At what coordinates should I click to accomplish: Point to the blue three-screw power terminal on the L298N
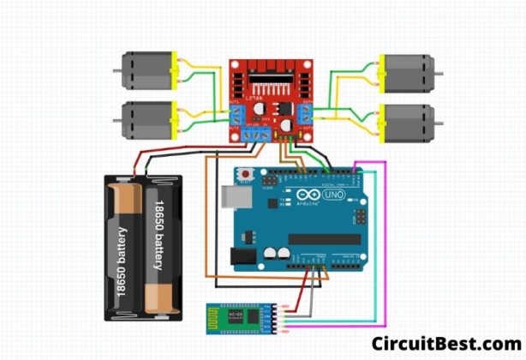pyautogui.click(x=256, y=135)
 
